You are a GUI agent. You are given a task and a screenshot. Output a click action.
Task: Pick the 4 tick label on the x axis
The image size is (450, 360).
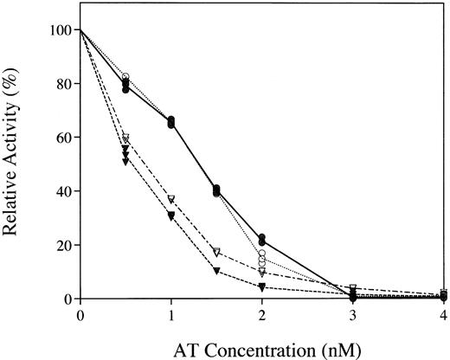(x=443, y=315)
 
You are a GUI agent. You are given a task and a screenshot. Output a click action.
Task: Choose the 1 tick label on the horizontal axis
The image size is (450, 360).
(x=171, y=315)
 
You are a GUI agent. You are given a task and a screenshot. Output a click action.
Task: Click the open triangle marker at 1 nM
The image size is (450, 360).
(x=171, y=200)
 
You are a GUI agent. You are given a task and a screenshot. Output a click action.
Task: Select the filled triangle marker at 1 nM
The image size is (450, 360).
(x=171, y=215)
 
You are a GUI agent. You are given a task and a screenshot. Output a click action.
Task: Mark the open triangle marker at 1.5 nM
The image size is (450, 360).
(x=216, y=252)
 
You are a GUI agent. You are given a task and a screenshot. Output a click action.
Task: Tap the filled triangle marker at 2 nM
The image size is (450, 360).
(x=261, y=286)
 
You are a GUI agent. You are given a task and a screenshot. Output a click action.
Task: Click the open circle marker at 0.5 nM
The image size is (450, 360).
(x=125, y=77)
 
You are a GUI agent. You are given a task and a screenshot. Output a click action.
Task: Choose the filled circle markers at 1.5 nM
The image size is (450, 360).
(x=216, y=190)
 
